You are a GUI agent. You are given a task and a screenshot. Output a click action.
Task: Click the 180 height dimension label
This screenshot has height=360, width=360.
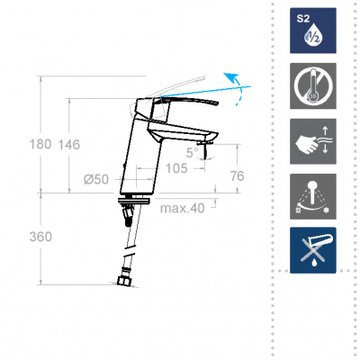coord(40,145)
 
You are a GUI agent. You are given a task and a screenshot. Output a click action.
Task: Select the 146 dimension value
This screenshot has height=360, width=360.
coord(69,145)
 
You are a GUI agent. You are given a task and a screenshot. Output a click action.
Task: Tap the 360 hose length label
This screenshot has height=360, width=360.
coord(40,237)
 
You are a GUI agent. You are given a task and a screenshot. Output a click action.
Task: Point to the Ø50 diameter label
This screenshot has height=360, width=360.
coord(96,179)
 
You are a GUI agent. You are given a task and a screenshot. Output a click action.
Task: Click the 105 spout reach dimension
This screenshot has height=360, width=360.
coord(176,168)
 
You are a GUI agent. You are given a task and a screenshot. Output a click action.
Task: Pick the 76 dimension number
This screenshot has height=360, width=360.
coord(238,176)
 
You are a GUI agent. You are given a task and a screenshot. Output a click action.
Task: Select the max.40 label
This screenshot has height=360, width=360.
coord(183,208)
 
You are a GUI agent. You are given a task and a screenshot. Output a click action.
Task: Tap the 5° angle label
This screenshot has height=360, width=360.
coord(192,153)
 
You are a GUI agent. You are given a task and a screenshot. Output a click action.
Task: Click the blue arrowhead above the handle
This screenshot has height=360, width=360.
coord(230,76)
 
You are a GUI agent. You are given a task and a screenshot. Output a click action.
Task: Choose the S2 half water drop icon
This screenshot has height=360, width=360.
coord(313,31)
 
